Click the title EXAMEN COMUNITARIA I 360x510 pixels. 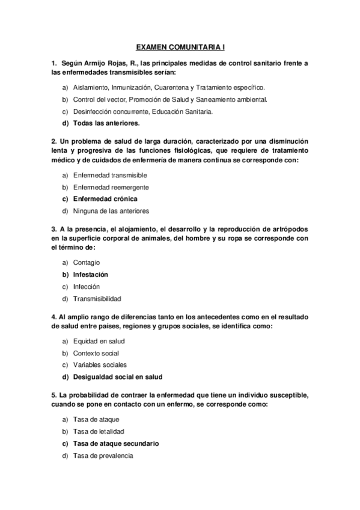pyautogui.click(x=180, y=46)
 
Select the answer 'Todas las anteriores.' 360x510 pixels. pyautogui.click(x=106, y=123)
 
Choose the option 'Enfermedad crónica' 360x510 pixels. pyautogui.click(x=105, y=198)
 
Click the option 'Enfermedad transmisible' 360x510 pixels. pyautogui.click(x=110, y=175)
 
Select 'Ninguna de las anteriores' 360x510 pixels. pyautogui.click(x=111, y=210)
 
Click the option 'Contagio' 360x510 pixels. pyautogui.click(x=87, y=262)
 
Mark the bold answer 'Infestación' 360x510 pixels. pyautogui.click(x=94, y=274)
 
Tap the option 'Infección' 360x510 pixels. pyautogui.click(x=87, y=286)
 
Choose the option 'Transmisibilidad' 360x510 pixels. pyautogui.click(x=97, y=298)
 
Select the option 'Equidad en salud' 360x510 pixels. pyautogui.click(x=99, y=341)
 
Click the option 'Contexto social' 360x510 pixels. pyautogui.click(x=96, y=353)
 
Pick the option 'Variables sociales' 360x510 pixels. pyautogui.click(x=100, y=364)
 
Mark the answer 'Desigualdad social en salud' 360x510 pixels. pyautogui.click(x=118, y=376)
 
